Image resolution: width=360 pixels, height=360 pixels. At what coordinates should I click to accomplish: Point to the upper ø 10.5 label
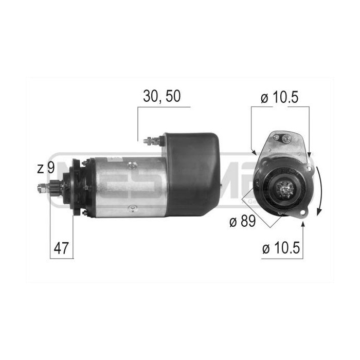(280, 97)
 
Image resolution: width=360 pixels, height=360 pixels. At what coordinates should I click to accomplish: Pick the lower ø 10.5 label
(281, 249)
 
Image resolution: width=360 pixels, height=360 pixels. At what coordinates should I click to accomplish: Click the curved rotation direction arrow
(319, 190)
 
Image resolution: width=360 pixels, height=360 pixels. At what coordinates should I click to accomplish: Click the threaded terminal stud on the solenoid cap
(150, 141)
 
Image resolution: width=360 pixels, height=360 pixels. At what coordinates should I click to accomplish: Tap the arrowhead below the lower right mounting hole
(303, 223)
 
